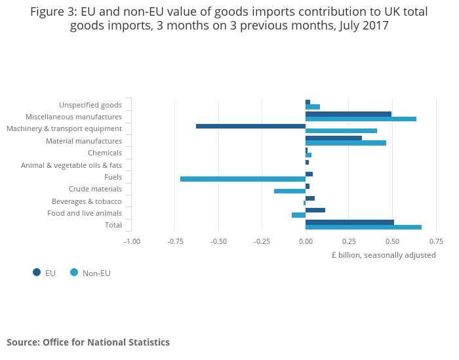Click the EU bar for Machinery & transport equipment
pyautogui.click(x=250, y=126)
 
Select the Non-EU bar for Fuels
pyautogui.click(x=243, y=179)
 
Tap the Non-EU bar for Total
pyautogui.click(x=363, y=228)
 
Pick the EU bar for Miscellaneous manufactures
pyautogui.click(x=348, y=114)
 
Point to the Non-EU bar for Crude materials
pyautogui.click(x=290, y=191)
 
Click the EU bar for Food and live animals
pyautogui.click(x=315, y=210)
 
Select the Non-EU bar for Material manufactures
pyautogui.click(x=346, y=143)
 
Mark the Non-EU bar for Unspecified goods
pyautogui.click(x=313, y=107)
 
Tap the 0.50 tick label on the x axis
pyautogui.click(x=392, y=241)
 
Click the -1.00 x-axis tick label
pyautogui.click(x=132, y=241)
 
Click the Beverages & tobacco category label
pyautogui.click(x=87, y=201)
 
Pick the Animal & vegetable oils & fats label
pyautogui.click(x=71, y=165)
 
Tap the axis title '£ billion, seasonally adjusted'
pyautogui.click(x=384, y=255)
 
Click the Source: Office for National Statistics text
pyautogui.click(x=88, y=342)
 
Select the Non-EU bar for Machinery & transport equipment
pyautogui.click(x=341, y=131)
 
